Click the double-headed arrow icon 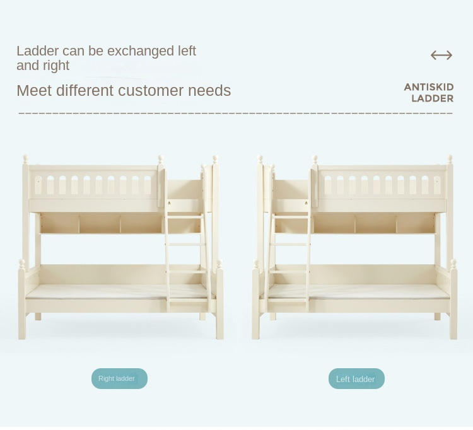pos(441,55)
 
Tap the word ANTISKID pos(429,87)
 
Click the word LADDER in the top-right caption pos(432,98)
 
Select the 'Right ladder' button pos(119,378)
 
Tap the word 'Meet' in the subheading pos(35,90)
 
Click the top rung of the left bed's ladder pos(184,217)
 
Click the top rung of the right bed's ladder pos(291,217)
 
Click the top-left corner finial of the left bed pos(26,159)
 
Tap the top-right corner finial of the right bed pos(450,159)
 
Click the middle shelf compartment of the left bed pos(100,223)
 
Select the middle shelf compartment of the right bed pos(376,223)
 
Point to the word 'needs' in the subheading pos(209,90)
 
